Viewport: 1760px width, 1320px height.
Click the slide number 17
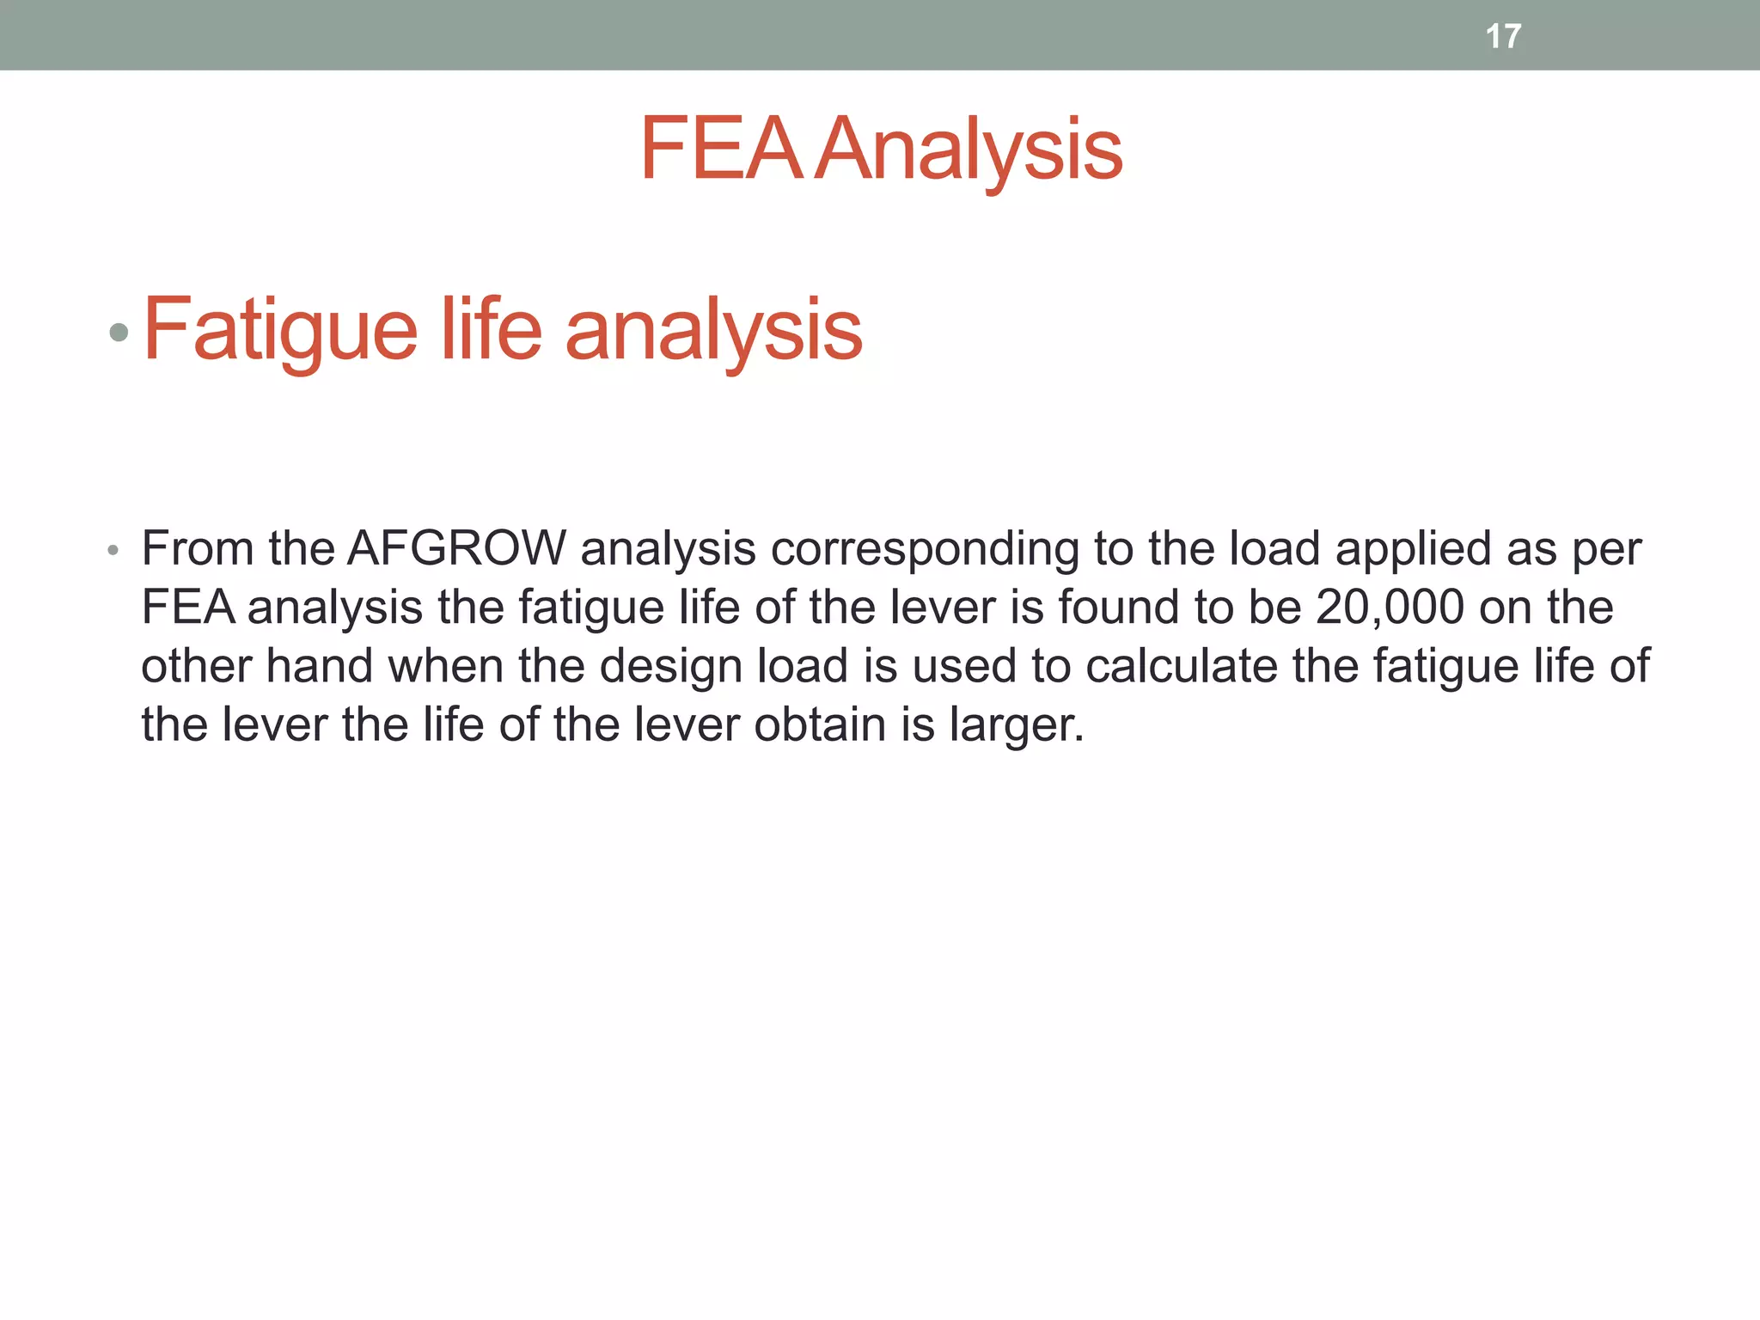pos(1503,36)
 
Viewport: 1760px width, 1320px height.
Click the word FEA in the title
pos(720,150)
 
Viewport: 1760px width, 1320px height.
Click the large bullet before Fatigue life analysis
pos(119,332)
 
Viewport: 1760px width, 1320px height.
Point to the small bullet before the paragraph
pos(113,551)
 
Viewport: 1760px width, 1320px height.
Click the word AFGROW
pos(456,548)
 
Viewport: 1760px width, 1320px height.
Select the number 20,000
pos(1390,607)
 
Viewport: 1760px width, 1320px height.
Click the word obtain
pos(820,724)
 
